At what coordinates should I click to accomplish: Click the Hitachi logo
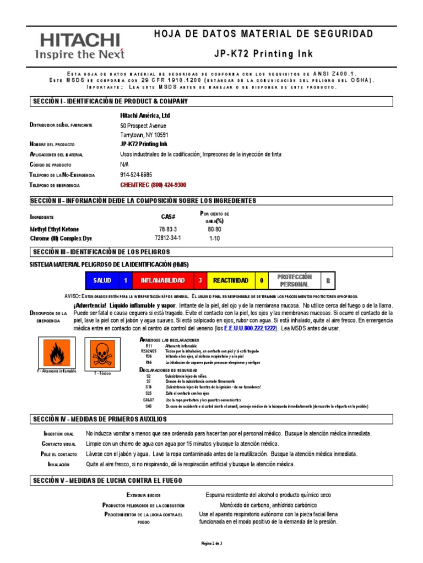click(79, 46)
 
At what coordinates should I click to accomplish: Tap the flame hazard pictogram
click(57, 353)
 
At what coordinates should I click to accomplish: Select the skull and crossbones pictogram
click(102, 353)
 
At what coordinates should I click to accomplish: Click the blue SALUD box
click(102, 280)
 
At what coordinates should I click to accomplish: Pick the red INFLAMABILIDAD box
click(162, 280)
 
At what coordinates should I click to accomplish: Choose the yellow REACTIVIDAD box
click(231, 280)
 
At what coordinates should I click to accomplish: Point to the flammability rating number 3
click(200, 280)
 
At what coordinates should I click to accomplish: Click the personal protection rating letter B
click(328, 280)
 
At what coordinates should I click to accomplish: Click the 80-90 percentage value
click(214, 229)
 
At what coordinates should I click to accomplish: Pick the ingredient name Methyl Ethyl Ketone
click(54, 229)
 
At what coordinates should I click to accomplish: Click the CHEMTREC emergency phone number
click(153, 185)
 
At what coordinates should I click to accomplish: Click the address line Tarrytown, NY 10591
click(144, 135)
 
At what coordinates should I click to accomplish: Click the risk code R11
click(149, 345)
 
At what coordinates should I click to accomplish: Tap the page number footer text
click(211, 543)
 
